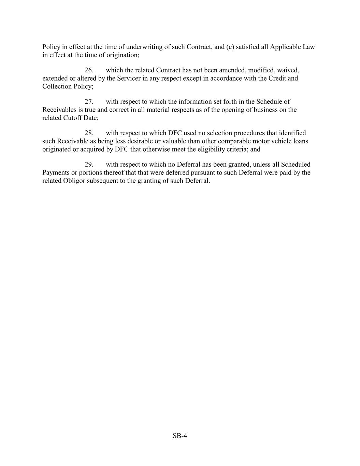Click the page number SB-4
tap(180, 436)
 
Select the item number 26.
tap(89, 70)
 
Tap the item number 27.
tap(89, 102)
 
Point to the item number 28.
tap(89, 133)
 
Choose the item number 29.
tap(89, 165)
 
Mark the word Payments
tap(56, 173)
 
